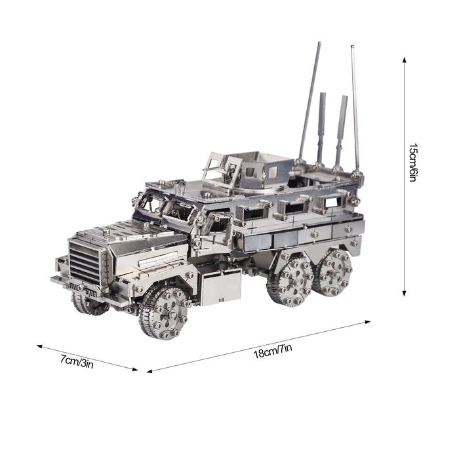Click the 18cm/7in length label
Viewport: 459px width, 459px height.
(x=273, y=351)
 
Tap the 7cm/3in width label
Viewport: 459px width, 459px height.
(x=77, y=361)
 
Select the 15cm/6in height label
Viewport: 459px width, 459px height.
(x=412, y=163)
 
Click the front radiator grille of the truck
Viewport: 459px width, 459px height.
(x=85, y=263)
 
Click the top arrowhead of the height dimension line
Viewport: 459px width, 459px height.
(x=405, y=60)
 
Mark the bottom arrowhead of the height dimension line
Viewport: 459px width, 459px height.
(x=405, y=293)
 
